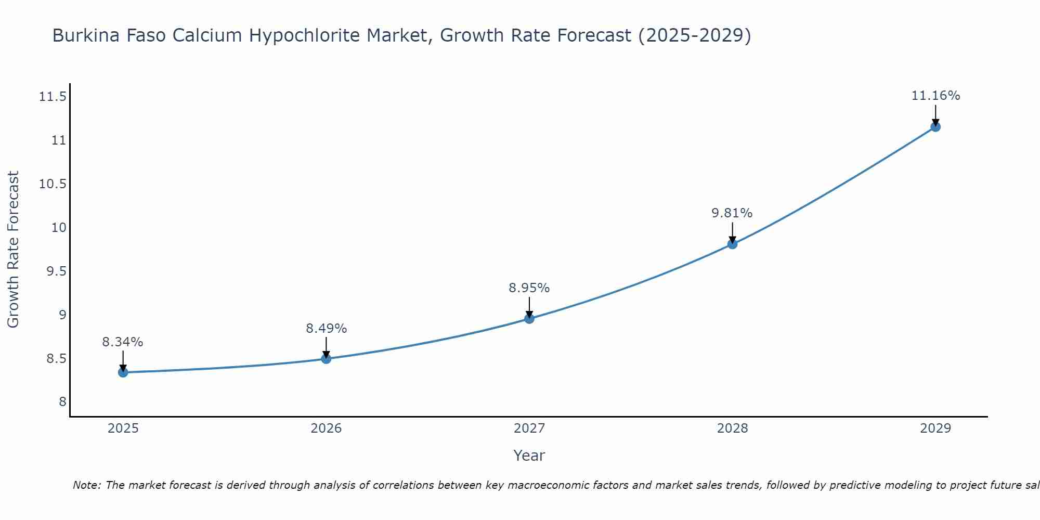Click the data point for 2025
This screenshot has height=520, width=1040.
click(123, 372)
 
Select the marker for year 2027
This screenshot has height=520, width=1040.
click(529, 318)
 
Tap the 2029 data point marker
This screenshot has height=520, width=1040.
click(935, 126)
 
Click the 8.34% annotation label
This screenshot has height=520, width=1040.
click(123, 342)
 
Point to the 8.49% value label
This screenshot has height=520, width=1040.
click(326, 329)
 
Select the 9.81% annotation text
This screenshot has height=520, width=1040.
click(732, 213)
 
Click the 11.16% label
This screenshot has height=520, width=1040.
click(935, 96)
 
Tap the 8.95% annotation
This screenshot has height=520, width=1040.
click(529, 288)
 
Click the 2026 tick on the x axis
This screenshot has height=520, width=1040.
click(326, 428)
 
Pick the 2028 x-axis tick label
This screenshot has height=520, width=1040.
click(732, 428)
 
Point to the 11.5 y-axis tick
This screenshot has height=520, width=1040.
click(53, 97)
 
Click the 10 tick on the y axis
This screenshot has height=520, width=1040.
click(59, 228)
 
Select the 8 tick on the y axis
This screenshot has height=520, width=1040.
click(62, 402)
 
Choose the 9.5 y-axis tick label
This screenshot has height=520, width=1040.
click(56, 271)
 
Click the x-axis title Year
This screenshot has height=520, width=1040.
click(529, 456)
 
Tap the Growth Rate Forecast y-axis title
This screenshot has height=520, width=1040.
click(13, 250)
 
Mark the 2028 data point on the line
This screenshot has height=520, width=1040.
click(732, 244)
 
